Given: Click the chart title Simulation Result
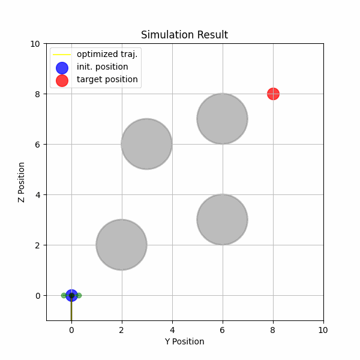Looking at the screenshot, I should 184,35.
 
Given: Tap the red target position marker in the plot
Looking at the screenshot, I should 273,94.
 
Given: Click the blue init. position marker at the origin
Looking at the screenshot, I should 71,295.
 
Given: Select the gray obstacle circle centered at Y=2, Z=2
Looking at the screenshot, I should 122,245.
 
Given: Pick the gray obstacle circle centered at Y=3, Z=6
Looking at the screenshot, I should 147,144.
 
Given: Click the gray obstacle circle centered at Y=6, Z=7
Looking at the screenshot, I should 223,119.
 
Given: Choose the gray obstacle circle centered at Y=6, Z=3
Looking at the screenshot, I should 223,220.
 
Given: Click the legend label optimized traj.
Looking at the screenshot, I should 107,54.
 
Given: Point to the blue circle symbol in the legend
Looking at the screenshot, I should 62,67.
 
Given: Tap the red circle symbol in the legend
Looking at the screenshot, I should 62,80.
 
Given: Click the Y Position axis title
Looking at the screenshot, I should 184,342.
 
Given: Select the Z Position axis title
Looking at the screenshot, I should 22,182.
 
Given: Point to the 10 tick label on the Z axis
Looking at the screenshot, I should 35,43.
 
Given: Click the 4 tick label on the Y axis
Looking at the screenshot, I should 172,330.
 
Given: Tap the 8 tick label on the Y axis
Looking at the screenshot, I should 273,330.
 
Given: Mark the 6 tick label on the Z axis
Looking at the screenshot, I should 38,144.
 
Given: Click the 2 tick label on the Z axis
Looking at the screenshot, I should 38,245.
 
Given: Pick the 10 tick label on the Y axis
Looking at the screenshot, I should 323,330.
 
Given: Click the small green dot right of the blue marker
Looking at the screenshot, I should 79,295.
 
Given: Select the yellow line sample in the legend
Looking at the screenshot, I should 62,54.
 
